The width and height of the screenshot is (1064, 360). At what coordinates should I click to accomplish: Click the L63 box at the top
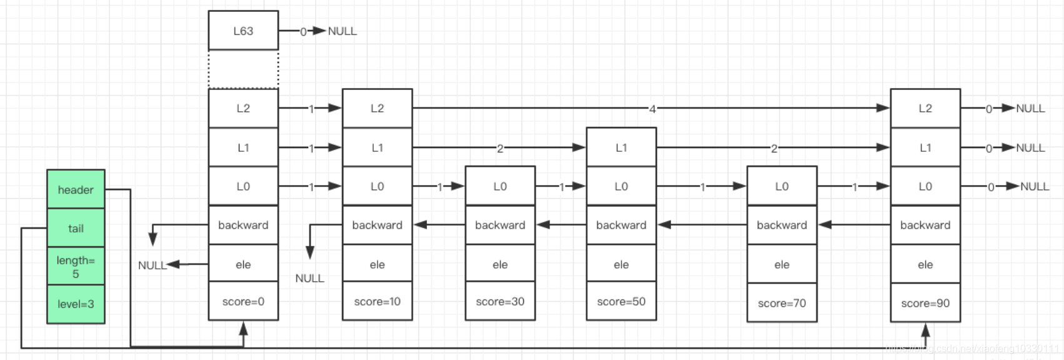click(243, 31)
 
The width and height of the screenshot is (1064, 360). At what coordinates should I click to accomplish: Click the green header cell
click(76, 189)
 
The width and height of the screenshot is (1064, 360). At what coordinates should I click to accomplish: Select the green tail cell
click(76, 228)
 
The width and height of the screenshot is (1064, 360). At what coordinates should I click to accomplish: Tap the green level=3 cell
click(76, 304)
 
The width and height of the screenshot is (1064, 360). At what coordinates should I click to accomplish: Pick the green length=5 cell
click(76, 266)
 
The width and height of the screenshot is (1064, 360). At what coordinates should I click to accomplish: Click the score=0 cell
click(243, 301)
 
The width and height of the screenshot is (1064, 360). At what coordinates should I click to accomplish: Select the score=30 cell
click(500, 301)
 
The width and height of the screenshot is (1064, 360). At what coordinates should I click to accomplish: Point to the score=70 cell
click(781, 303)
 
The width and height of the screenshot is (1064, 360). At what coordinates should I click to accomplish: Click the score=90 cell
click(925, 303)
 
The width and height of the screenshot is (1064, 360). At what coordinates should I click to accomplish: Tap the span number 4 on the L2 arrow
click(652, 109)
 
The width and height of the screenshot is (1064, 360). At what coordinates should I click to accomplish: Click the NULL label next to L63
click(342, 31)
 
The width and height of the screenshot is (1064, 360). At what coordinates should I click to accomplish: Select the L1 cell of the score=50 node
click(621, 147)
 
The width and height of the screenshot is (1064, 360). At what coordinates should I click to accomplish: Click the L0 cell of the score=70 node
click(781, 186)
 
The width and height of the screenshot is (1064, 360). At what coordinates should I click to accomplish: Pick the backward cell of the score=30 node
click(500, 225)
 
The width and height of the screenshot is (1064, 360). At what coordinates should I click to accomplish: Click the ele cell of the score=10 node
click(377, 264)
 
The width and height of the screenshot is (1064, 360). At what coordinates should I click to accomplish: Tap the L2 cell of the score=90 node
click(925, 108)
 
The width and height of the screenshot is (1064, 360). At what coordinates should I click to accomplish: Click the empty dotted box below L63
click(243, 69)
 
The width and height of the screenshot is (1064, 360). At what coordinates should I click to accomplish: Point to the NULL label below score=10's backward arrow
click(309, 278)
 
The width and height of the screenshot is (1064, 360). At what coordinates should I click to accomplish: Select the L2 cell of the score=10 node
click(377, 108)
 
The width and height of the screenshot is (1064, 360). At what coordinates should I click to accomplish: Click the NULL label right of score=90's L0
click(1035, 186)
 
